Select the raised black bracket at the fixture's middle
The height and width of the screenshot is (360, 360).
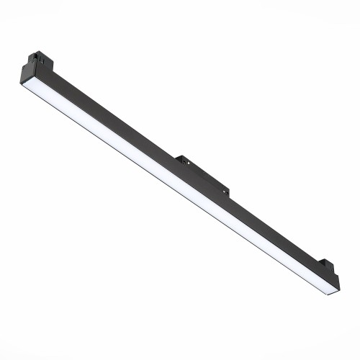point(204,172)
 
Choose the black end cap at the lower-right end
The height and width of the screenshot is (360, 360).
point(334,282)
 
